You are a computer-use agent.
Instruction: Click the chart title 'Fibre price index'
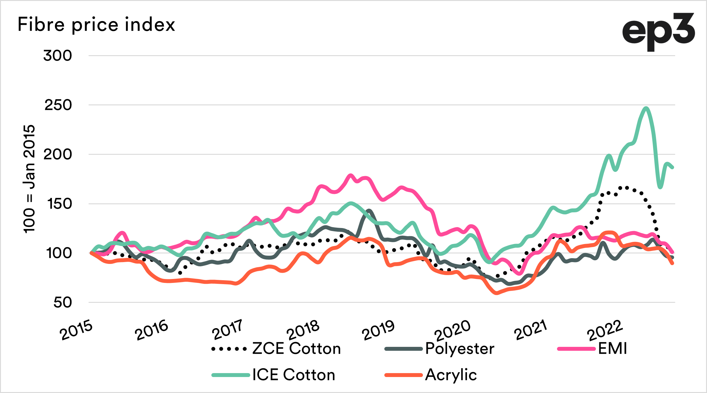(x=96, y=24)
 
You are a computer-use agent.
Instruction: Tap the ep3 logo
(x=658, y=32)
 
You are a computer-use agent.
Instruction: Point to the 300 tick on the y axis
(x=58, y=56)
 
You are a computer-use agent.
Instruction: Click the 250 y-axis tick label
(x=58, y=105)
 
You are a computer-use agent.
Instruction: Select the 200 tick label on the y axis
(x=58, y=155)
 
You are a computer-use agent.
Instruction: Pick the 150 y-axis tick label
(x=59, y=204)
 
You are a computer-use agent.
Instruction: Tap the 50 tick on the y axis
(x=63, y=303)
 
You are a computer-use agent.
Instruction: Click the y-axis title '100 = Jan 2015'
(x=29, y=179)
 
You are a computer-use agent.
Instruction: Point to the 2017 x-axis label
(x=227, y=330)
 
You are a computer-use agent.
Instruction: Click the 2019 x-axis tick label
(x=378, y=330)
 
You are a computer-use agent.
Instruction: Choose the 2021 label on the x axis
(x=531, y=330)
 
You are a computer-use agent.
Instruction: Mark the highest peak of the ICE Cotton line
(x=646, y=108)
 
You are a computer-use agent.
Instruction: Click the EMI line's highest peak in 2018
(x=350, y=175)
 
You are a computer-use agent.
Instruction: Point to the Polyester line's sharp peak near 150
(x=369, y=211)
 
